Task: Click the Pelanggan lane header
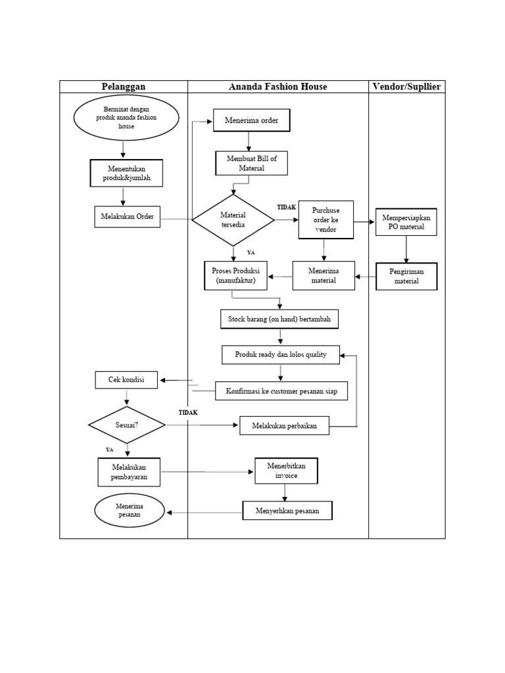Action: tap(124, 87)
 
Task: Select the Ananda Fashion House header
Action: tap(277, 87)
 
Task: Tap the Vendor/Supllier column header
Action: tap(406, 87)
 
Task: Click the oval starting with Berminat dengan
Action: tap(126, 117)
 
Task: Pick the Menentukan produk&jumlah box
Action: tap(127, 172)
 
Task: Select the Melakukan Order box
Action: tap(127, 217)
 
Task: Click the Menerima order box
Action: tap(251, 121)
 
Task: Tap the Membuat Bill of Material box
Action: tap(252, 163)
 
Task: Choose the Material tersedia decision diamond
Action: tap(233, 220)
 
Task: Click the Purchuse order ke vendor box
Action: tap(325, 220)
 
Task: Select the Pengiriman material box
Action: tap(406, 277)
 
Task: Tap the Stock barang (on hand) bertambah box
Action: tap(279, 319)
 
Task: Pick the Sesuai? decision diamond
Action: tap(126, 425)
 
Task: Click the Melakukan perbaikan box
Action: tap(284, 426)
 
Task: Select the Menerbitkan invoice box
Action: tap(286, 471)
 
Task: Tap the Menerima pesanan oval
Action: tap(130, 511)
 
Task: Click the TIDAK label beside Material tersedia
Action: tap(286, 207)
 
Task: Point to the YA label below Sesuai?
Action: tap(110, 450)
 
